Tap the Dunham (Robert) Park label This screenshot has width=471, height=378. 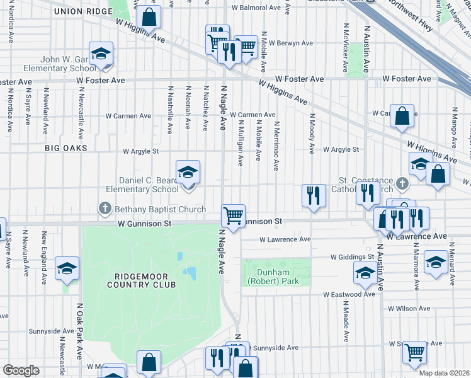click(278, 277)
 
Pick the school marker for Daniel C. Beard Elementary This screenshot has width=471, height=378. click(187, 173)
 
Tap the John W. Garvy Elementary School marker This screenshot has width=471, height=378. click(100, 55)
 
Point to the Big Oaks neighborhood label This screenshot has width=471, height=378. click(65, 147)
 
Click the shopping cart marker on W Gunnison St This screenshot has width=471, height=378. click(233, 216)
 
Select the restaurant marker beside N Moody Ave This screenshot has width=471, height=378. click(313, 196)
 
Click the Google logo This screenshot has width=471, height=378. click(20, 370)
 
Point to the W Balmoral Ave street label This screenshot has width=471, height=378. click(255, 8)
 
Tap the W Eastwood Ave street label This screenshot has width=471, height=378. click(349, 294)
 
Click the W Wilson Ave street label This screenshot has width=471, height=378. click(409, 309)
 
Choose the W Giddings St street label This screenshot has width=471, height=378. click(353, 257)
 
